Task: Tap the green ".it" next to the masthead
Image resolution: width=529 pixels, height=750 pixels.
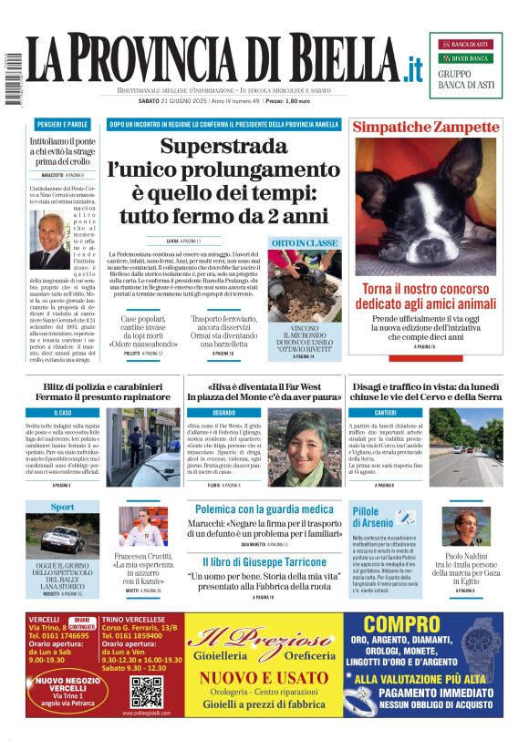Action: pos(414,69)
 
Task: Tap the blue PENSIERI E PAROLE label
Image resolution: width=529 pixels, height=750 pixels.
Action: pos(62,124)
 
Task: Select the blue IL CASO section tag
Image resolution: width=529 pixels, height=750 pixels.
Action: pos(62,413)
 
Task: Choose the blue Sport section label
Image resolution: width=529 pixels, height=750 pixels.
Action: pos(62,507)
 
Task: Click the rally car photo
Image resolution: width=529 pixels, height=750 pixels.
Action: pos(62,538)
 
